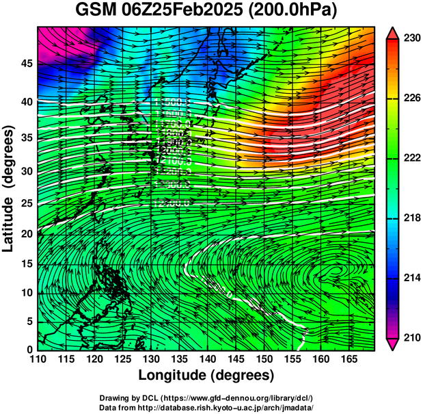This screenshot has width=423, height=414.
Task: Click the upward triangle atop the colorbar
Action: click(392, 33)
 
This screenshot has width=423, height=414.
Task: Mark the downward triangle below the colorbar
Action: click(392, 344)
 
